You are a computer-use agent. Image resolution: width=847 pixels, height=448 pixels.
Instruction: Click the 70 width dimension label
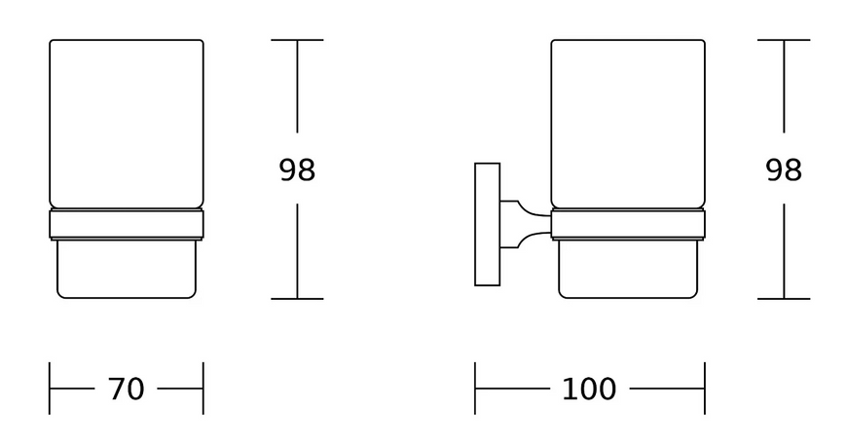point(127,389)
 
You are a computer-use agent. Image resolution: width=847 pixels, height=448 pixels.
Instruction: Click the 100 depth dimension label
point(589,389)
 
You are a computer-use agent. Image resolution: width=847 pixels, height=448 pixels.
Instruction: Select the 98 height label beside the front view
point(297,169)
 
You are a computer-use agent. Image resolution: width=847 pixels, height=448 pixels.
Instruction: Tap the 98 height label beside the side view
point(784,169)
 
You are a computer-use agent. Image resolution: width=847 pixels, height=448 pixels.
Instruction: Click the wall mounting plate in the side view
point(487,224)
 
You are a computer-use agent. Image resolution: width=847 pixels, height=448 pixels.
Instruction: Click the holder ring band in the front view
point(127,224)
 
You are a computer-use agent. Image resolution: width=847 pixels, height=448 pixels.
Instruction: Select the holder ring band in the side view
point(628,224)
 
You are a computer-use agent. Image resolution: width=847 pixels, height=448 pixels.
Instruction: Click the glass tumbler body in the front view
point(127,124)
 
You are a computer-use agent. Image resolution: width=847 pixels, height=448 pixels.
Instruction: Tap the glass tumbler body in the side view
point(628,124)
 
